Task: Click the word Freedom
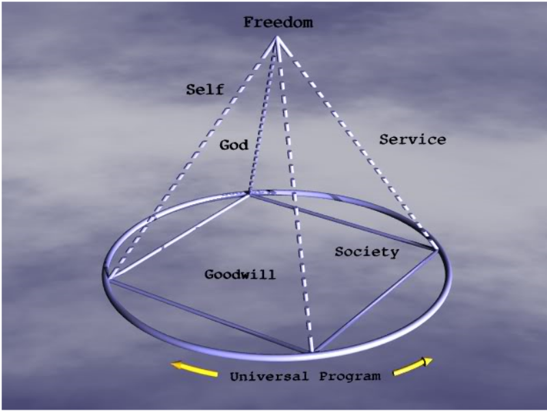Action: (x=278, y=23)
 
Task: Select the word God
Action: (x=234, y=145)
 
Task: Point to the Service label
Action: (x=412, y=140)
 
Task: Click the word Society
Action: (x=366, y=251)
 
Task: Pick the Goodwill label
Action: (x=240, y=275)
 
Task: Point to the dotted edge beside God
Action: (x=263, y=116)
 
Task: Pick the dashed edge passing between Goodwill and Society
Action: (x=295, y=206)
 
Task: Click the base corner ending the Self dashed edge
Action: (x=108, y=278)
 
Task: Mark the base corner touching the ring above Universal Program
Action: (x=312, y=352)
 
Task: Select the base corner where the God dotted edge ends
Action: (x=248, y=194)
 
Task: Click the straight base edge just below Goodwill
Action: (x=205, y=314)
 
